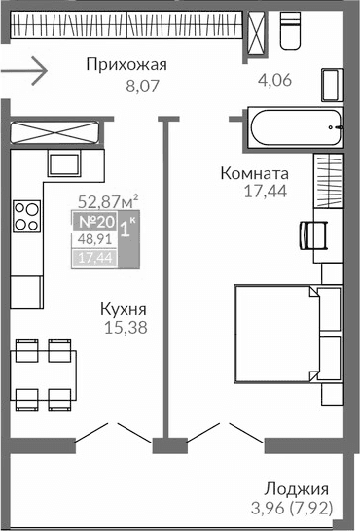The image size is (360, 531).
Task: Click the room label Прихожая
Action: point(126,66)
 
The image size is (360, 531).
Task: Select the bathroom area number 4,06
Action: point(275,81)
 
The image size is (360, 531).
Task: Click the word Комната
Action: point(252,173)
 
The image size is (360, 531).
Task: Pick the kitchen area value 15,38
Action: point(125,328)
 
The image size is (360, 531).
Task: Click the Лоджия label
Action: point(297,488)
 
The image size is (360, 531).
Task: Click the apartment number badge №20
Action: point(96,223)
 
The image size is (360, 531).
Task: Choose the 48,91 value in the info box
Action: point(94,240)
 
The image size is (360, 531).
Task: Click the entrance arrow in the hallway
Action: point(23,70)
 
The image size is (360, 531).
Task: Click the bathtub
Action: point(289,126)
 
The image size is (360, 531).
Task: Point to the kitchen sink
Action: point(65,162)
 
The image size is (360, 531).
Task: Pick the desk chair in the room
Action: point(311,235)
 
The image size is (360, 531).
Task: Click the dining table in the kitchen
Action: point(44,373)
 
